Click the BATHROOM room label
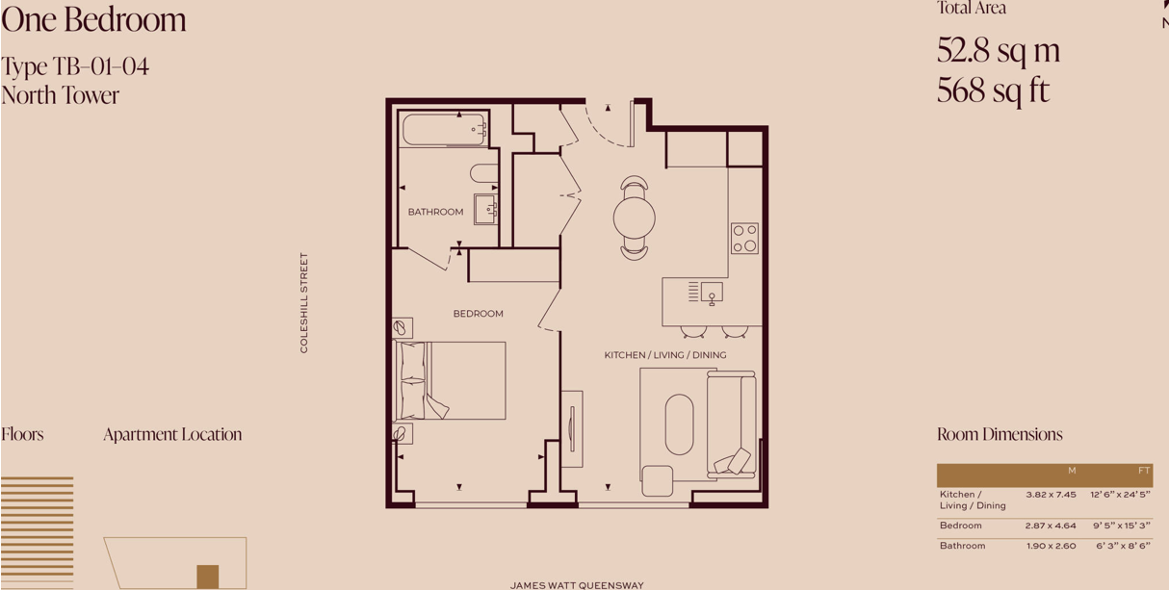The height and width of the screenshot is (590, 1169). (x=435, y=212)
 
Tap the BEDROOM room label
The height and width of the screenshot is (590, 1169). (x=478, y=314)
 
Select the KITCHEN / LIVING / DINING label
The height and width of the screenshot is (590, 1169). (x=665, y=355)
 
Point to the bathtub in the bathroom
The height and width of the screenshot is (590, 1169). (x=444, y=130)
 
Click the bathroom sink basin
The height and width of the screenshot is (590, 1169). (x=485, y=209)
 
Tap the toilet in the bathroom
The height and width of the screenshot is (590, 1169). (x=483, y=173)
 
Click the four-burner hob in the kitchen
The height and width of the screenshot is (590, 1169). (x=743, y=238)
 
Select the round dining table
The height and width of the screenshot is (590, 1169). (x=635, y=218)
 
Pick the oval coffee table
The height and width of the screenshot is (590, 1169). (x=679, y=423)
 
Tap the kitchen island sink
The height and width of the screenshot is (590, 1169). (x=712, y=292)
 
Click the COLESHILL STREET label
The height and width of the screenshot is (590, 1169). (x=304, y=302)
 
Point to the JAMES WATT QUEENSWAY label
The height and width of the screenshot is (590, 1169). (x=577, y=585)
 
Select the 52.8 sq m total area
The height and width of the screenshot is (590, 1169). (x=998, y=50)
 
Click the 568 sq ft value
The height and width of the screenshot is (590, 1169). (x=993, y=90)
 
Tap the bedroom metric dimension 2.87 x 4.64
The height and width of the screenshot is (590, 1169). (x=1051, y=526)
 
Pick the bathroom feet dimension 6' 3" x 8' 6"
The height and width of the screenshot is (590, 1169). (x=1123, y=546)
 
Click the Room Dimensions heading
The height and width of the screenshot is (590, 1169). (x=1000, y=434)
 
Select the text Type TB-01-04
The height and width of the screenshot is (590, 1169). (x=75, y=66)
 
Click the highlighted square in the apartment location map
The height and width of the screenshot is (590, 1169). (x=207, y=576)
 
